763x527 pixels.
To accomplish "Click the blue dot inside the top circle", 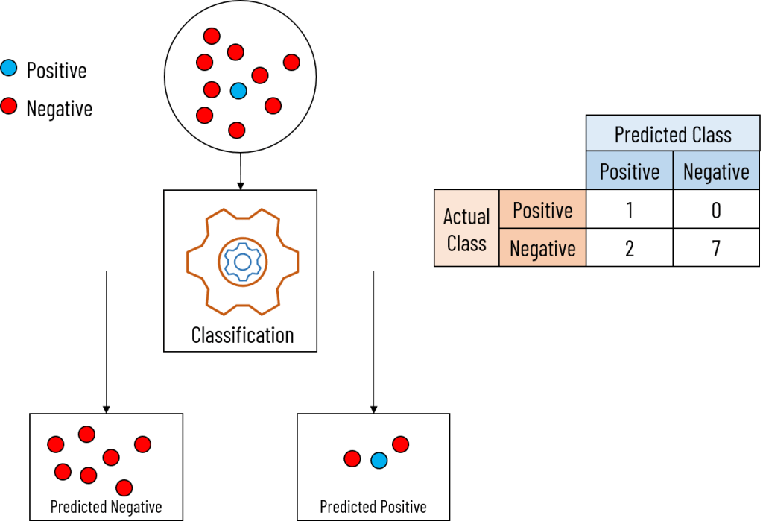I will click(238, 91).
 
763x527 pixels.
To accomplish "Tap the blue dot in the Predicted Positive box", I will click(379, 461).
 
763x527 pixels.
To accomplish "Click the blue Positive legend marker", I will click(9, 69).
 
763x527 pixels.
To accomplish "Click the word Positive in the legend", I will click(57, 71).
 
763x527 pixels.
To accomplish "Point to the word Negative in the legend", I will click(60, 109).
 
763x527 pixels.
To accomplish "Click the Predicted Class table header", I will click(672, 135).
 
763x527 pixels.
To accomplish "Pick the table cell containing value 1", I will click(629, 210).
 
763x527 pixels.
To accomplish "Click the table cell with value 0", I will click(716, 210).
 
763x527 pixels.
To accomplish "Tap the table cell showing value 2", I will click(629, 248).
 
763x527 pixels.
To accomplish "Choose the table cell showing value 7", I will click(716, 248).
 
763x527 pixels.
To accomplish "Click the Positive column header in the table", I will click(629, 172).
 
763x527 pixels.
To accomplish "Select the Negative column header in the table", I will click(716, 172).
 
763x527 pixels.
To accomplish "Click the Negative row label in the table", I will click(542, 248).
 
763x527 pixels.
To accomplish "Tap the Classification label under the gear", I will click(242, 335).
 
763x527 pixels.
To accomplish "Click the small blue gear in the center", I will click(242, 262).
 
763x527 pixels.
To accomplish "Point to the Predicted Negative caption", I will click(106, 507).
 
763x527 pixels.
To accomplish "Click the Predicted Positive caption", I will click(373, 507).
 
